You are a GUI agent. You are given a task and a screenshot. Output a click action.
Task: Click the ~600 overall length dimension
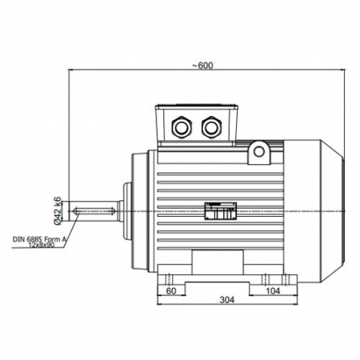pos(203,66)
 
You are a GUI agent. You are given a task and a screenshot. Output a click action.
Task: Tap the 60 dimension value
pos(171,290)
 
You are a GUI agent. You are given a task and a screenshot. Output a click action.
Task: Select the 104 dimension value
pos(273,290)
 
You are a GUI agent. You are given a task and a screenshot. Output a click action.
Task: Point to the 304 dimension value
pos(227,300)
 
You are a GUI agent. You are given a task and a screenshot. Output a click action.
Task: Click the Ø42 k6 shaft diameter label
pos(58,210)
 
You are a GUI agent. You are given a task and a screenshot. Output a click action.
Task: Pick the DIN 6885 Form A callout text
pos(39,239)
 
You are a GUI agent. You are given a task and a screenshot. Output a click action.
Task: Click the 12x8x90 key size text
pos(42,245)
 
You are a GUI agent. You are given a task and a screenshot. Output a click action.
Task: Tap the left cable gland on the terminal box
pos(182,127)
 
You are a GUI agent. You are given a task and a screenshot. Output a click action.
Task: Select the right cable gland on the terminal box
pos(211,127)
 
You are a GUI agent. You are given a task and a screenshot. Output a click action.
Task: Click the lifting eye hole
pos(259,152)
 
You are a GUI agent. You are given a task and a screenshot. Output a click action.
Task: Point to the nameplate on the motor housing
pos(221,211)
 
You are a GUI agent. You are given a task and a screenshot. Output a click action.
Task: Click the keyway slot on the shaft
pos(94,211)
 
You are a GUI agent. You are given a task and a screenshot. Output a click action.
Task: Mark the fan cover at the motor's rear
pos(314,210)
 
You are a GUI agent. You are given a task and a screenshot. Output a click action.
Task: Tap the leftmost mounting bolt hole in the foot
pos(169,279)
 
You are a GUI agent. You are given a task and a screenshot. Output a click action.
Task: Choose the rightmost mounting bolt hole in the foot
pos(286,279)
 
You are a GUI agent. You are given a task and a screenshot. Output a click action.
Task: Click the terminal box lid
pos(197,107)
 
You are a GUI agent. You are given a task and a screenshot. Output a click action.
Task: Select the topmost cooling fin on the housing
pos(220,174)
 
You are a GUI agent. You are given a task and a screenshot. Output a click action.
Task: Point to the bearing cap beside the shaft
pos(128,210)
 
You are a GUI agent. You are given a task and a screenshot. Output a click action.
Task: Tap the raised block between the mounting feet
pos(218,262)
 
